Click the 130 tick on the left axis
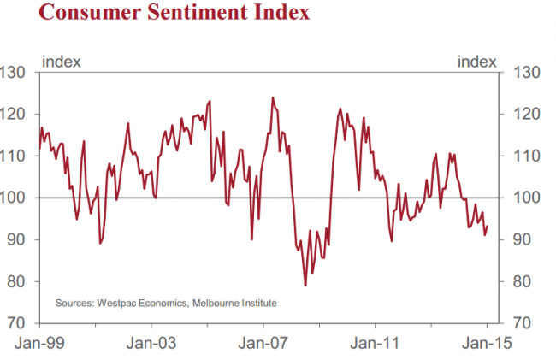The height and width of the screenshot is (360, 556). click(15, 72)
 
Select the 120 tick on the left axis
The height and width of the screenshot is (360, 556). click(15, 114)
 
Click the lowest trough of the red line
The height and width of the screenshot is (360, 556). click(305, 285)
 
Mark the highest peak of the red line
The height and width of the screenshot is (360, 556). click(273, 97)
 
